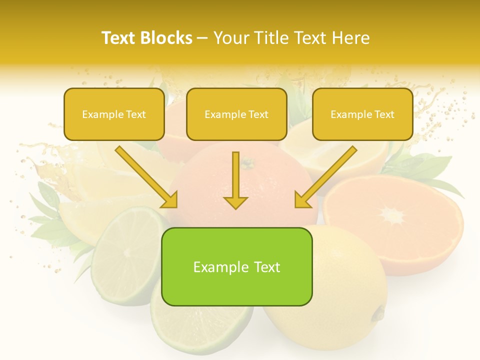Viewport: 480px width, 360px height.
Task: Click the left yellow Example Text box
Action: [114, 114]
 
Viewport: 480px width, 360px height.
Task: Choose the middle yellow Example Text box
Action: [236, 114]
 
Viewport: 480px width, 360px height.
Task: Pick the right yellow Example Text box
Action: [362, 114]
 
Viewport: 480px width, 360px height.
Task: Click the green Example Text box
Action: [236, 266]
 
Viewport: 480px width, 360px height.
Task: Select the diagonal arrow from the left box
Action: [146, 177]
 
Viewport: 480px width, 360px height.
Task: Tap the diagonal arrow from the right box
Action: [325, 177]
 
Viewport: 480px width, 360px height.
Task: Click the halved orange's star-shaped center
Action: [392, 216]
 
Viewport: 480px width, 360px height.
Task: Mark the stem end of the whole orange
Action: [246, 162]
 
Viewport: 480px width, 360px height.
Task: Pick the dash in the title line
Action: [202, 38]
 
